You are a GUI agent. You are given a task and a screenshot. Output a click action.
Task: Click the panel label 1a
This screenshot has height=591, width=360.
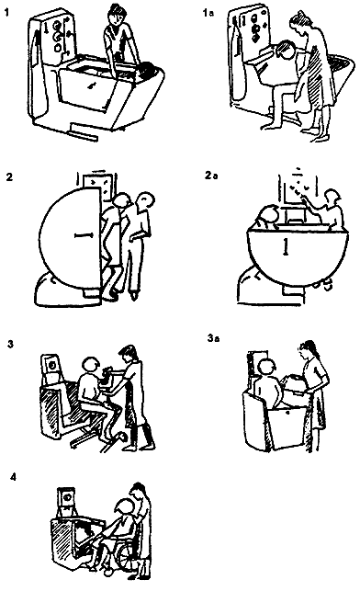208,13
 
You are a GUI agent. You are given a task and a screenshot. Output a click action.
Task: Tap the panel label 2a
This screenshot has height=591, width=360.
211,176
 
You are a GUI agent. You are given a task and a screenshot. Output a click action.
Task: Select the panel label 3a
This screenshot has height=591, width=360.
213,337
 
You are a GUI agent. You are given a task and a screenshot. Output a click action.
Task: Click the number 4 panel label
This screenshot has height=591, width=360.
13,477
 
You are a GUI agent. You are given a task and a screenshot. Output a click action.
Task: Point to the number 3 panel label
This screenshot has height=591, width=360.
10,344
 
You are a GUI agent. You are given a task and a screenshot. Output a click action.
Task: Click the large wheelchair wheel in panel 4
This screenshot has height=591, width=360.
129,554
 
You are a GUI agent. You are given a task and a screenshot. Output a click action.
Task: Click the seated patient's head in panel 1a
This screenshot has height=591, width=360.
286,51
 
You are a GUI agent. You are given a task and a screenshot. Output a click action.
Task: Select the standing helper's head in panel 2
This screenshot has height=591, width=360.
145,200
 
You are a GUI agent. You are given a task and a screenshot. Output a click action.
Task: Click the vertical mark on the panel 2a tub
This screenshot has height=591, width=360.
286,245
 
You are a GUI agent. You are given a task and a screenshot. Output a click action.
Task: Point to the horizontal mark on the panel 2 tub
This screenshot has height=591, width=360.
84,235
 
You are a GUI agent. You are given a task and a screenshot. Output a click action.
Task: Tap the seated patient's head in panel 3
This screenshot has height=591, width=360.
90,367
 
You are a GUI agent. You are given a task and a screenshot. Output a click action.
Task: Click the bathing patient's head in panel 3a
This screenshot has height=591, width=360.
267,368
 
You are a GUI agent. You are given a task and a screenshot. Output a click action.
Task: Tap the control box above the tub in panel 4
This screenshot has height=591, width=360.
67,501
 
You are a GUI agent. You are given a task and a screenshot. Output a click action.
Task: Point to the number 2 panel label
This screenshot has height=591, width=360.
10,176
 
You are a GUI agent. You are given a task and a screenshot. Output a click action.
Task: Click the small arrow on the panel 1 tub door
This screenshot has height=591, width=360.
90,86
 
